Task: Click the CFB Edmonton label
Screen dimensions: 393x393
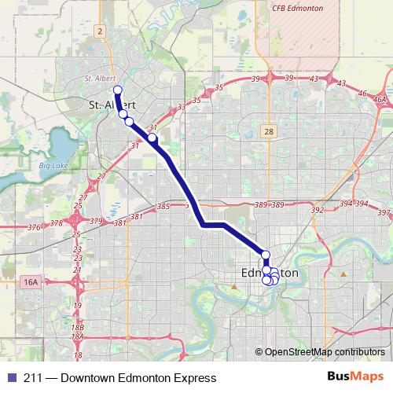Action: point(298,7)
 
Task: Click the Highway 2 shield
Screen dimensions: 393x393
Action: point(101,31)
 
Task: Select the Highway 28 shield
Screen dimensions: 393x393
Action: point(269,132)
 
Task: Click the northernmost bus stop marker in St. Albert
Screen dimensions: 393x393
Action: point(117,90)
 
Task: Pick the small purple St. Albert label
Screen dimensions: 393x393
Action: point(99,79)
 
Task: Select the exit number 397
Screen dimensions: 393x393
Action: point(384,213)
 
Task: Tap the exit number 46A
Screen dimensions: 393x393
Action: point(380,100)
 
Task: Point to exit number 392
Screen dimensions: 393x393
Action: point(318,211)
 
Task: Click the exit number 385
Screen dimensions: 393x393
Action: point(163,207)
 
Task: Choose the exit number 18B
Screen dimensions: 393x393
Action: point(77,327)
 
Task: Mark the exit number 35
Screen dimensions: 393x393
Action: point(219,87)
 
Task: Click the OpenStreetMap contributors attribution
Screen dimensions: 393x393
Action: point(324,352)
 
